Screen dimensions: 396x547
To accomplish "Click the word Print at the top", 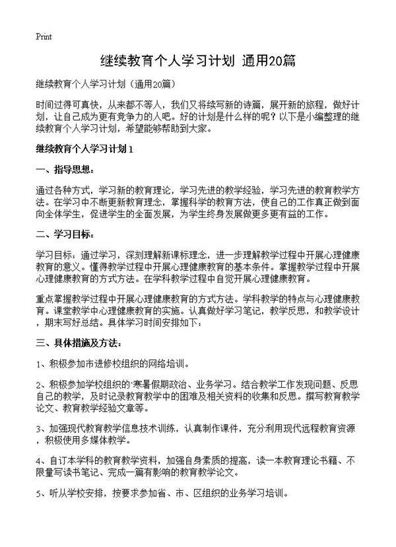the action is (x=44, y=36).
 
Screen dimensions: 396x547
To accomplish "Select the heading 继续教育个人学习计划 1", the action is (x=86, y=149).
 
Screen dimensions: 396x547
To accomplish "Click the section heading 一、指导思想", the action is (x=66, y=170).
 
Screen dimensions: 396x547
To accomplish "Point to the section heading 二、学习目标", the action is (x=66, y=234).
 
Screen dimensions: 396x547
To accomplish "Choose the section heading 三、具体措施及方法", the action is (x=79, y=343).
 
